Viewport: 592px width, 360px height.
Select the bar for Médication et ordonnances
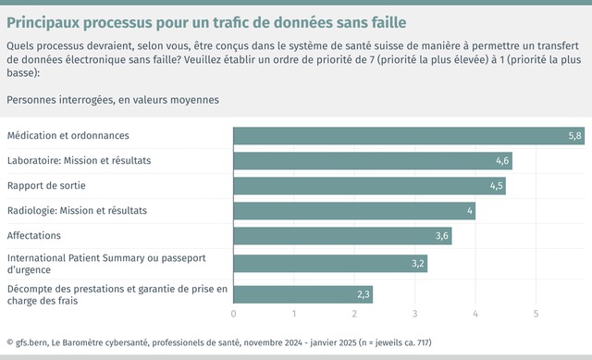tap(408, 136)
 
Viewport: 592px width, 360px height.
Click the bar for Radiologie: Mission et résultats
tap(353, 211)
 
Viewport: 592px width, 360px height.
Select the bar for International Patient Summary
tap(329, 264)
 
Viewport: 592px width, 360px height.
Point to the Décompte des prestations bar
tap(302, 294)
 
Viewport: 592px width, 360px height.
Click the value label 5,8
tap(574, 136)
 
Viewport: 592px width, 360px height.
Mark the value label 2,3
tap(363, 294)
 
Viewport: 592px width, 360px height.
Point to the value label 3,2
tap(417, 264)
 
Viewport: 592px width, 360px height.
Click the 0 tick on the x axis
tap(233, 315)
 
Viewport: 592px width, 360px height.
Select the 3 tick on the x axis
tap(414, 315)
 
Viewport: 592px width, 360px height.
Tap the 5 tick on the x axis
tap(536, 315)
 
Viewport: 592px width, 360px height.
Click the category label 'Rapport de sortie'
tap(46, 186)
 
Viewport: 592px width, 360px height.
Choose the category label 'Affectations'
tap(34, 236)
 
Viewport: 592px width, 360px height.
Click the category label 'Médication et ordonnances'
tap(68, 136)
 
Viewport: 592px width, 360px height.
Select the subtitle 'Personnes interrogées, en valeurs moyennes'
tap(114, 98)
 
